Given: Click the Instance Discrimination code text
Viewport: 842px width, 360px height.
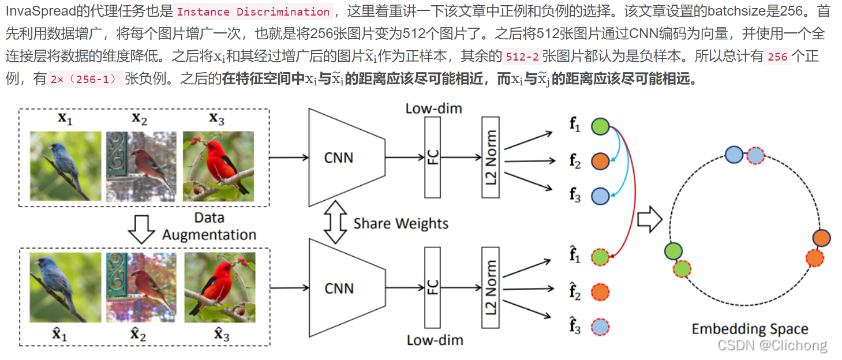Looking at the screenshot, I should click(253, 12).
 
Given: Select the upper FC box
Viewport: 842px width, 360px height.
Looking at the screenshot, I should click(432, 156).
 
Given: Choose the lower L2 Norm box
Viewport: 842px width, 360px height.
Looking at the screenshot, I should click(490, 288).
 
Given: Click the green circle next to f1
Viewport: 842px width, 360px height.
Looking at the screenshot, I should click(600, 126).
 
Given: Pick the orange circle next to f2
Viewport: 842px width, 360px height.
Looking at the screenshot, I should click(600, 162).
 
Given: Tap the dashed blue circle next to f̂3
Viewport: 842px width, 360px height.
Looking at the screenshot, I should click(600, 327).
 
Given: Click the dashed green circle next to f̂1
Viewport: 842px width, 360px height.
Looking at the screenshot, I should click(600, 257).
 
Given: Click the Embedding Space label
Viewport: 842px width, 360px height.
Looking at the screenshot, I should click(750, 329).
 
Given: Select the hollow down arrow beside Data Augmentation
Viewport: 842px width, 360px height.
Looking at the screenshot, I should click(141, 228).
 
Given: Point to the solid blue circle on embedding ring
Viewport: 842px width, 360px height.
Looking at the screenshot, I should click(734, 155).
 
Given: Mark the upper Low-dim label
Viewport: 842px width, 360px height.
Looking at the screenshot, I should click(433, 108).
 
